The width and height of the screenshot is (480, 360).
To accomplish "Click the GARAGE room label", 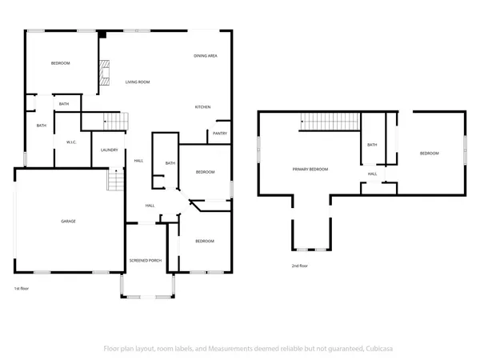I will click(69, 221).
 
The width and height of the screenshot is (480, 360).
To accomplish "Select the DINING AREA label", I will click(206, 56).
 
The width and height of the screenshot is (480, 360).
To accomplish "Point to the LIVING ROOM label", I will click(138, 82).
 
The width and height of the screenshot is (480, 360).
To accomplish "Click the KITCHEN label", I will click(203, 107).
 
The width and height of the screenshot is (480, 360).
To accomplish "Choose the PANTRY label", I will click(220, 134).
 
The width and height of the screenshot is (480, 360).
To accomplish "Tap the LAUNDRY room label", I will click(110, 150).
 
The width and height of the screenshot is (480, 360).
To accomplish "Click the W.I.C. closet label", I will click(71, 142).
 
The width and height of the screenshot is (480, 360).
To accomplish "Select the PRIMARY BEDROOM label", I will click(310, 170).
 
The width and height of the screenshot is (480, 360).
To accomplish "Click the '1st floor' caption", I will click(22, 288).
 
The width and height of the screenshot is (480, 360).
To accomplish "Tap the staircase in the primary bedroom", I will click(330, 121).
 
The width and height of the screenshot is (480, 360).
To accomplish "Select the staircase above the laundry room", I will click(118, 121).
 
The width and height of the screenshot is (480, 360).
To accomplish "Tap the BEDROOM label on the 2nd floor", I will click(430, 153).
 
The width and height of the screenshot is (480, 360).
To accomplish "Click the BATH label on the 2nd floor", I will click(372, 145).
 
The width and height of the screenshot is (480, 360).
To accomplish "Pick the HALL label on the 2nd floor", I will click(372, 174).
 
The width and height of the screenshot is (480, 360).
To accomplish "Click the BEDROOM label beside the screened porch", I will click(205, 241).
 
